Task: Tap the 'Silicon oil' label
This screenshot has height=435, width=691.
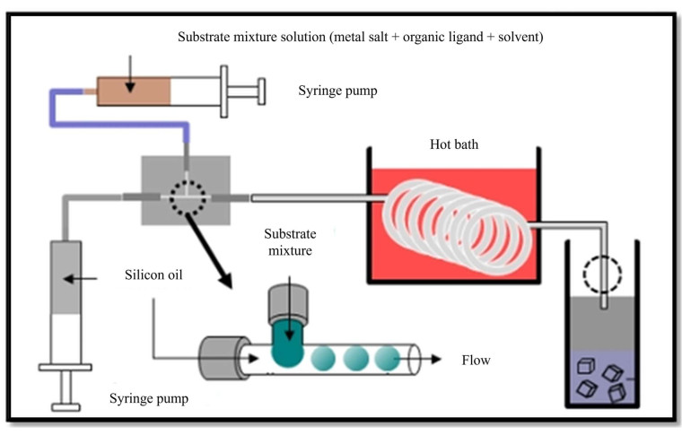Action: point(153,274)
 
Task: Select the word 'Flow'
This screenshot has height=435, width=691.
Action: point(476,361)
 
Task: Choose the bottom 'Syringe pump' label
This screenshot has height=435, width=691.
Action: point(148,398)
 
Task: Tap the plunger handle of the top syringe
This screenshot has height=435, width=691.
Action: point(260,91)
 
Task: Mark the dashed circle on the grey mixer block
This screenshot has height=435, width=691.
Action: point(188,197)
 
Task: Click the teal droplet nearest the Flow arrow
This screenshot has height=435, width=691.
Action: point(386,359)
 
